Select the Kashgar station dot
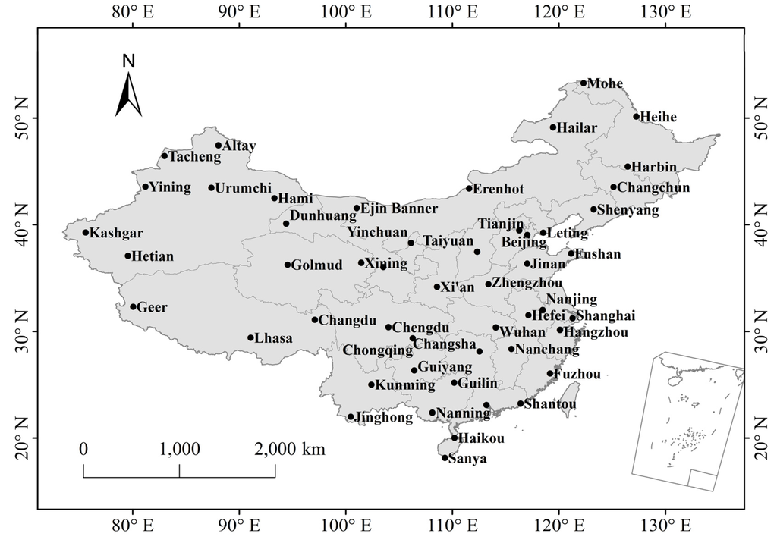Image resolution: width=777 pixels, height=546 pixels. (86, 233)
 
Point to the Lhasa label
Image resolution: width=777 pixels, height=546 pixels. (274, 338)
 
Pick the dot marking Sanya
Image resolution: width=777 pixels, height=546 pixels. (445, 458)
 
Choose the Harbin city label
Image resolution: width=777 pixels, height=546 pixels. (656, 167)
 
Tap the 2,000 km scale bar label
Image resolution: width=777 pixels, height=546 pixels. (291, 449)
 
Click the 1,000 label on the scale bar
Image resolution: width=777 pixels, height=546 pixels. (180, 449)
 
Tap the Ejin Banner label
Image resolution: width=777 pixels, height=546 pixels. (399, 209)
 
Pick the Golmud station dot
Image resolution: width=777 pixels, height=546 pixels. (288, 265)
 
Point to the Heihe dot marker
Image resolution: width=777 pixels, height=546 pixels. (637, 116)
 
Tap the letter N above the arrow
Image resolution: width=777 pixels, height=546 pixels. (128, 61)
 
